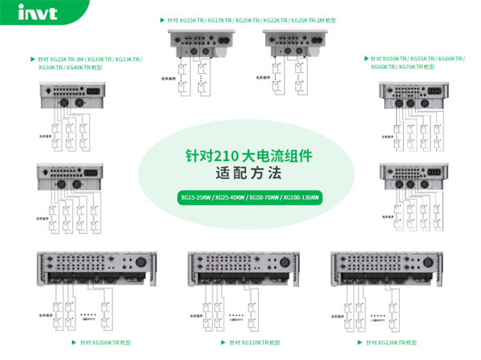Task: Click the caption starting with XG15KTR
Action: point(244,19)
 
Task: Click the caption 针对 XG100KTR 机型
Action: point(105,342)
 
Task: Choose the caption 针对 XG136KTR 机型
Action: point(393,342)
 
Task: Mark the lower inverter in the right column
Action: point(412,176)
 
